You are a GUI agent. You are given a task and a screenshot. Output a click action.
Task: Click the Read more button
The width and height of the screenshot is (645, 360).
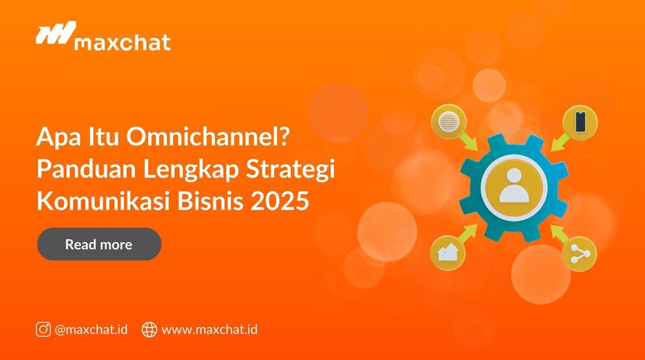99,245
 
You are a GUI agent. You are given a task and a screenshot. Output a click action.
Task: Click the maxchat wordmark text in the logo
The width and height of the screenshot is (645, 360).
123,43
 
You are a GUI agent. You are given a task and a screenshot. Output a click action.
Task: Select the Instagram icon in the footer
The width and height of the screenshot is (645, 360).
43,329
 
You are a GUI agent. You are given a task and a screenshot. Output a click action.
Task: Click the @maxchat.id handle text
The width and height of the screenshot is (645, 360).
91,329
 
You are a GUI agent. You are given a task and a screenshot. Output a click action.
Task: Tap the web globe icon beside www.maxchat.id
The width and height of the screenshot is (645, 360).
149,329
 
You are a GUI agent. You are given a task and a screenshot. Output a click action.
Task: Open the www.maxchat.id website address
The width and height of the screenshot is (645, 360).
210,329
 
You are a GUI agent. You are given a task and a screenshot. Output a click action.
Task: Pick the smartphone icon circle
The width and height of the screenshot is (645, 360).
579,121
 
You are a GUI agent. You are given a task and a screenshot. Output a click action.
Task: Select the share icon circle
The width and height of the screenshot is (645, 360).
579,252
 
